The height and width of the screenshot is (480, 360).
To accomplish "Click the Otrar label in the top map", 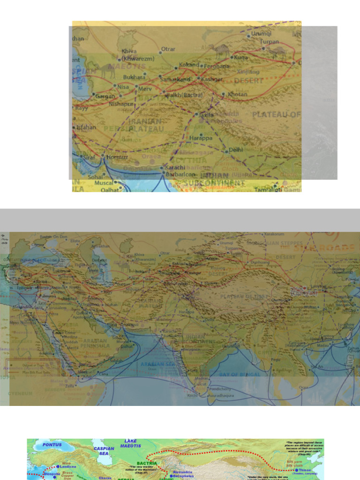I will pyautogui.click(x=168, y=48).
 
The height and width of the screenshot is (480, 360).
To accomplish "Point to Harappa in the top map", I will pyautogui.click(x=201, y=138).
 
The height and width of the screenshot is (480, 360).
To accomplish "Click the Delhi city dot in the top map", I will pyautogui.click(x=226, y=151).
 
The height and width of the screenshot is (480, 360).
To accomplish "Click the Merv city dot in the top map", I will pyautogui.click(x=136, y=87).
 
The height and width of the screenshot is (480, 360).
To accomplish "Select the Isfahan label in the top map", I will pyautogui.click(x=86, y=127).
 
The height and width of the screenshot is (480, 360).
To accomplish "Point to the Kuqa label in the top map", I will pyautogui.click(x=240, y=57).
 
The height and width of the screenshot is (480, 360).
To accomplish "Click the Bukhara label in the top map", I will pyautogui.click(x=135, y=77).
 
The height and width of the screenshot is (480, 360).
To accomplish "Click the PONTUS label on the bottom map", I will pyautogui.click(x=52, y=444).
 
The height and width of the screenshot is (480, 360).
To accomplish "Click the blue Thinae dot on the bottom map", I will pyautogui.click(x=296, y=470).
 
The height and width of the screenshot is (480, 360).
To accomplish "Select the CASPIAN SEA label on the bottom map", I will pyautogui.click(x=104, y=451).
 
